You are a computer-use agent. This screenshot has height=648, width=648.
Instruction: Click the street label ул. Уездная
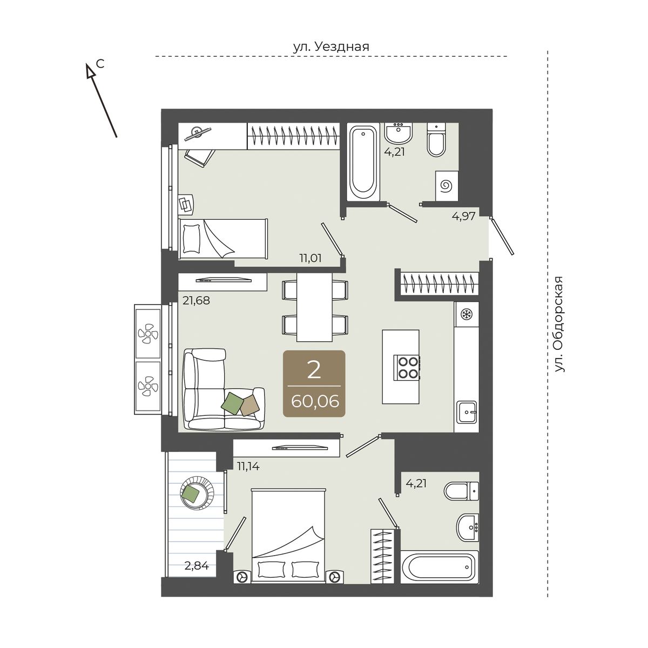(331, 47)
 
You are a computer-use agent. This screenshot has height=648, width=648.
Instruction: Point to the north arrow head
(90, 71)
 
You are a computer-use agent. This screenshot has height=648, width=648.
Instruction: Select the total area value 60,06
(314, 401)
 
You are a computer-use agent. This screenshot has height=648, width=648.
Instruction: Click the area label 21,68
(196, 300)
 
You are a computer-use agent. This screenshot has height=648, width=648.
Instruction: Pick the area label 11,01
(310, 258)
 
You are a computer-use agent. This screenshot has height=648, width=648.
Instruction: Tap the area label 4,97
(464, 216)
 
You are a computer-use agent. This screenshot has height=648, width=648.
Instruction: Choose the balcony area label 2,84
(197, 566)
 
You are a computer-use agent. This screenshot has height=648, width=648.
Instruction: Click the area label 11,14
(248, 467)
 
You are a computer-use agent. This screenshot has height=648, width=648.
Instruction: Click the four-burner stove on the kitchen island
(408, 368)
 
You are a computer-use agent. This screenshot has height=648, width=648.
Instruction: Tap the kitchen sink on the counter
(467, 411)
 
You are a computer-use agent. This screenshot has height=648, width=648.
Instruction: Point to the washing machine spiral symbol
(447, 186)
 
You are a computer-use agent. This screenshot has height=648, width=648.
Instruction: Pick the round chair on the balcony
(197, 494)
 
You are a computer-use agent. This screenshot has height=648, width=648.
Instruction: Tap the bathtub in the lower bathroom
(440, 568)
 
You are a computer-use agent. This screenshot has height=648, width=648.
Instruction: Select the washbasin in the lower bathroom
(467, 528)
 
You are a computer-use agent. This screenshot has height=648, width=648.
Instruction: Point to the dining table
(314, 307)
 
